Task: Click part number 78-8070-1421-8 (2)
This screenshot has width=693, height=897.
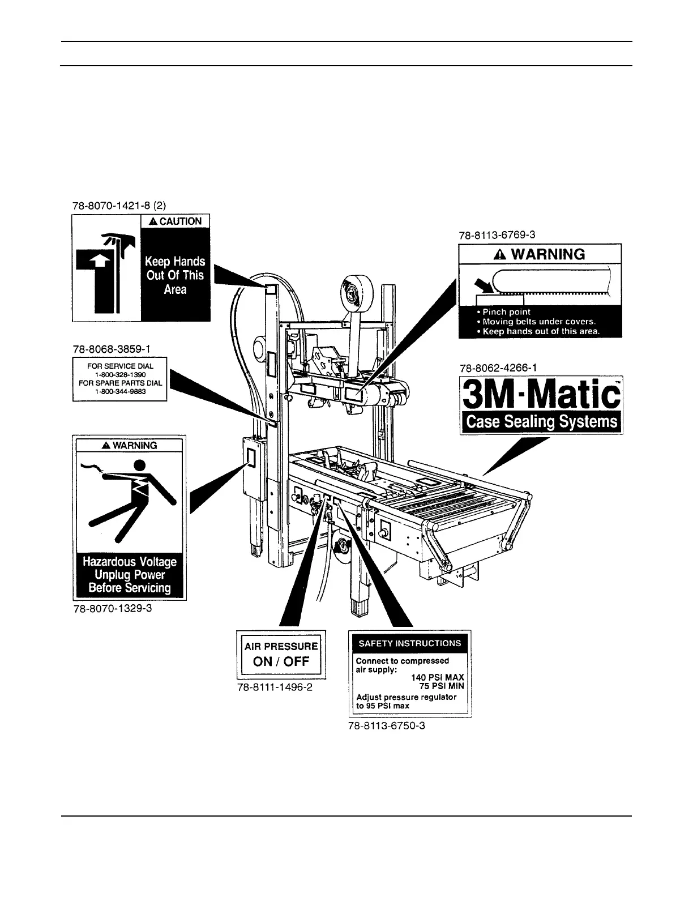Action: click(120, 206)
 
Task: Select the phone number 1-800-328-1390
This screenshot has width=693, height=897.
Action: click(120, 374)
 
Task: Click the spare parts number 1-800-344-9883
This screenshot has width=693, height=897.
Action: click(120, 390)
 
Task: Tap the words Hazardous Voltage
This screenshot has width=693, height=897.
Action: click(130, 562)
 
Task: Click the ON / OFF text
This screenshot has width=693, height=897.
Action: click(281, 662)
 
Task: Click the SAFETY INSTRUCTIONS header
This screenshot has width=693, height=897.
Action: click(410, 643)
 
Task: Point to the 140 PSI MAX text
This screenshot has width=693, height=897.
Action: click(438, 677)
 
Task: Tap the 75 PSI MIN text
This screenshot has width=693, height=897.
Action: click(446, 686)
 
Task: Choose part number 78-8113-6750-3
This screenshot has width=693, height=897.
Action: click(387, 725)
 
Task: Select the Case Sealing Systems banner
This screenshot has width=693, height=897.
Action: click(541, 422)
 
